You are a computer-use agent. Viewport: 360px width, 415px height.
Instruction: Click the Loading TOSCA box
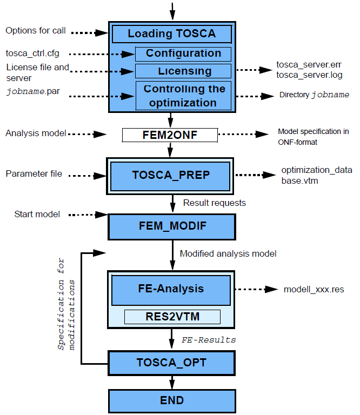pyautogui.click(x=171, y=34)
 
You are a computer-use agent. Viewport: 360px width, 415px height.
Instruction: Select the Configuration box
pyautogui.click(x=183, y=54)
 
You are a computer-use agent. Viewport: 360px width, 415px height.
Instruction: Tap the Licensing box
pyautogui.click(x=183, y=71)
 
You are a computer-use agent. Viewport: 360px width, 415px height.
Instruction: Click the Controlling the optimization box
pyautogui.click(x=183, y=96)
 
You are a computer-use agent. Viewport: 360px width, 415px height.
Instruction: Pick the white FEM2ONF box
pyautogui.click(x=170, y=135)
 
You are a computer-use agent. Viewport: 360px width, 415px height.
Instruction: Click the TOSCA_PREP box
pyautogui.click(x=171, y=175)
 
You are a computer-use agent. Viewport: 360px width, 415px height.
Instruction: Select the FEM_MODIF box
pyautogui.click(x=172, y=226)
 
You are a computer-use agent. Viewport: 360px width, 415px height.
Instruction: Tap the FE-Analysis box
pyautogui.click(x=171, y=289)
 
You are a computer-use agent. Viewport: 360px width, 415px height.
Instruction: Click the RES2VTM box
pyautogui.click(x=172, y=317)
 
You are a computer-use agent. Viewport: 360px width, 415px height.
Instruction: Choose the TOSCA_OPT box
pyautogui.click(x=172, y=363)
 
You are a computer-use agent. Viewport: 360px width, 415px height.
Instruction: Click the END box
pyautogui.click(x=172, y=400)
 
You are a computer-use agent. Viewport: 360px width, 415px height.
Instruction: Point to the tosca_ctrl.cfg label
pyautogui.click(x=32, y=53)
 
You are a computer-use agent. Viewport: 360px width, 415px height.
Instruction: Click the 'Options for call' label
pyautogui.click(x=36, y=31)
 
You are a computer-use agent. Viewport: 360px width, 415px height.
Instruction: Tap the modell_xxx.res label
pyautogui.click(x=314, y=290)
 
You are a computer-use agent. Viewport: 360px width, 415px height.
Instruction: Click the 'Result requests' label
pyautogui.click(x=215, y=203)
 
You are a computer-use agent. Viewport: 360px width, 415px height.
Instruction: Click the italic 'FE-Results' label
pyautogui.click(x=209, y=340)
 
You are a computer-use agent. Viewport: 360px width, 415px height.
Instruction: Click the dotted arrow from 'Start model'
pyautogui.click(x=87, y=215)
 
